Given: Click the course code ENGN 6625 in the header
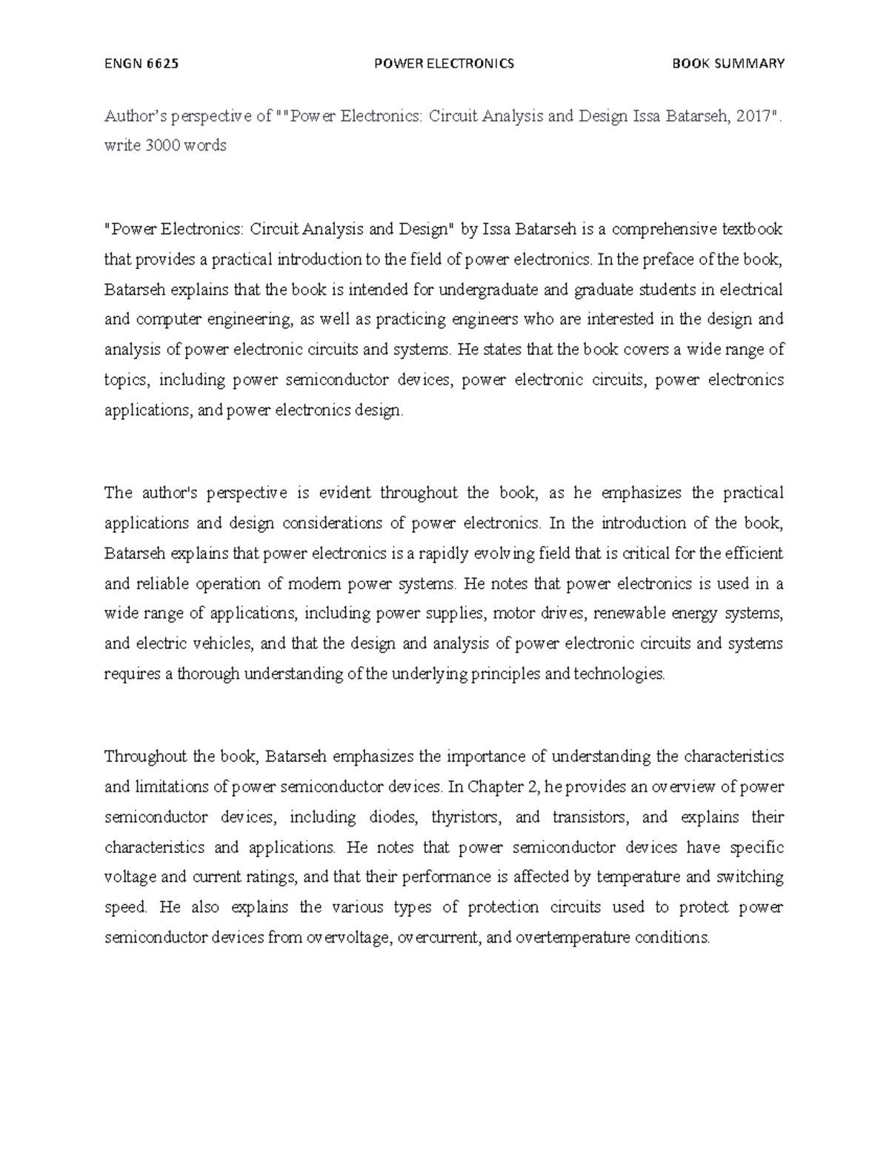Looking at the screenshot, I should tap(141, 64).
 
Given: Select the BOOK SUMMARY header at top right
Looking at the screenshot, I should tap(727, 64).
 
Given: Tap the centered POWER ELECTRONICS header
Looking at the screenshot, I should tap(444, 64).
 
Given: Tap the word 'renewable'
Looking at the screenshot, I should tap(635, 614).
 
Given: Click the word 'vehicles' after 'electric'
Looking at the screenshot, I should tap(222, 643).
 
